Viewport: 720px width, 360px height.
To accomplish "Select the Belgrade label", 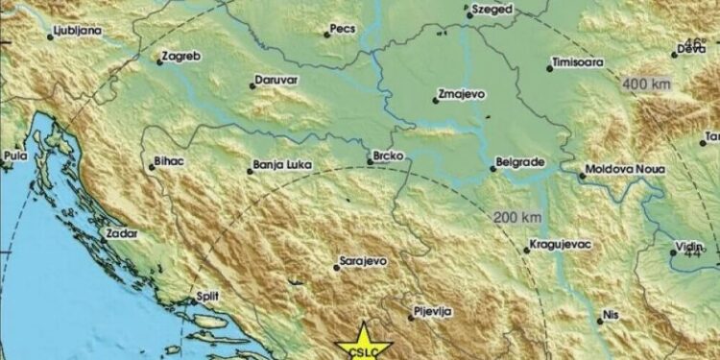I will [x=523, y=162].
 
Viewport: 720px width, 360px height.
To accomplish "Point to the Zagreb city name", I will [x=182, y=57].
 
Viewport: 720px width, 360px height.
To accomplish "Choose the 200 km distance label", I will [x=514, y=218].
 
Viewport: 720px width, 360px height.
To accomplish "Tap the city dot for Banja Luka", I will [x=251, y=172].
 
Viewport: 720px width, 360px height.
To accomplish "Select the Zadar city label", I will [x=123, y=233].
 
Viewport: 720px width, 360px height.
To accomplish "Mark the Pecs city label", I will [x=343, y=30].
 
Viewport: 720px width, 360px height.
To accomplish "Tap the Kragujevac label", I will [x=562, y=246].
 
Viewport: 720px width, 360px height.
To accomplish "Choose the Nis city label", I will [x=611, y=315].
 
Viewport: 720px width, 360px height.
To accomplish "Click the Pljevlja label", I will [x=429, y=311].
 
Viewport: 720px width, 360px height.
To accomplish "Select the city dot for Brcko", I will [x=371, y=163].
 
